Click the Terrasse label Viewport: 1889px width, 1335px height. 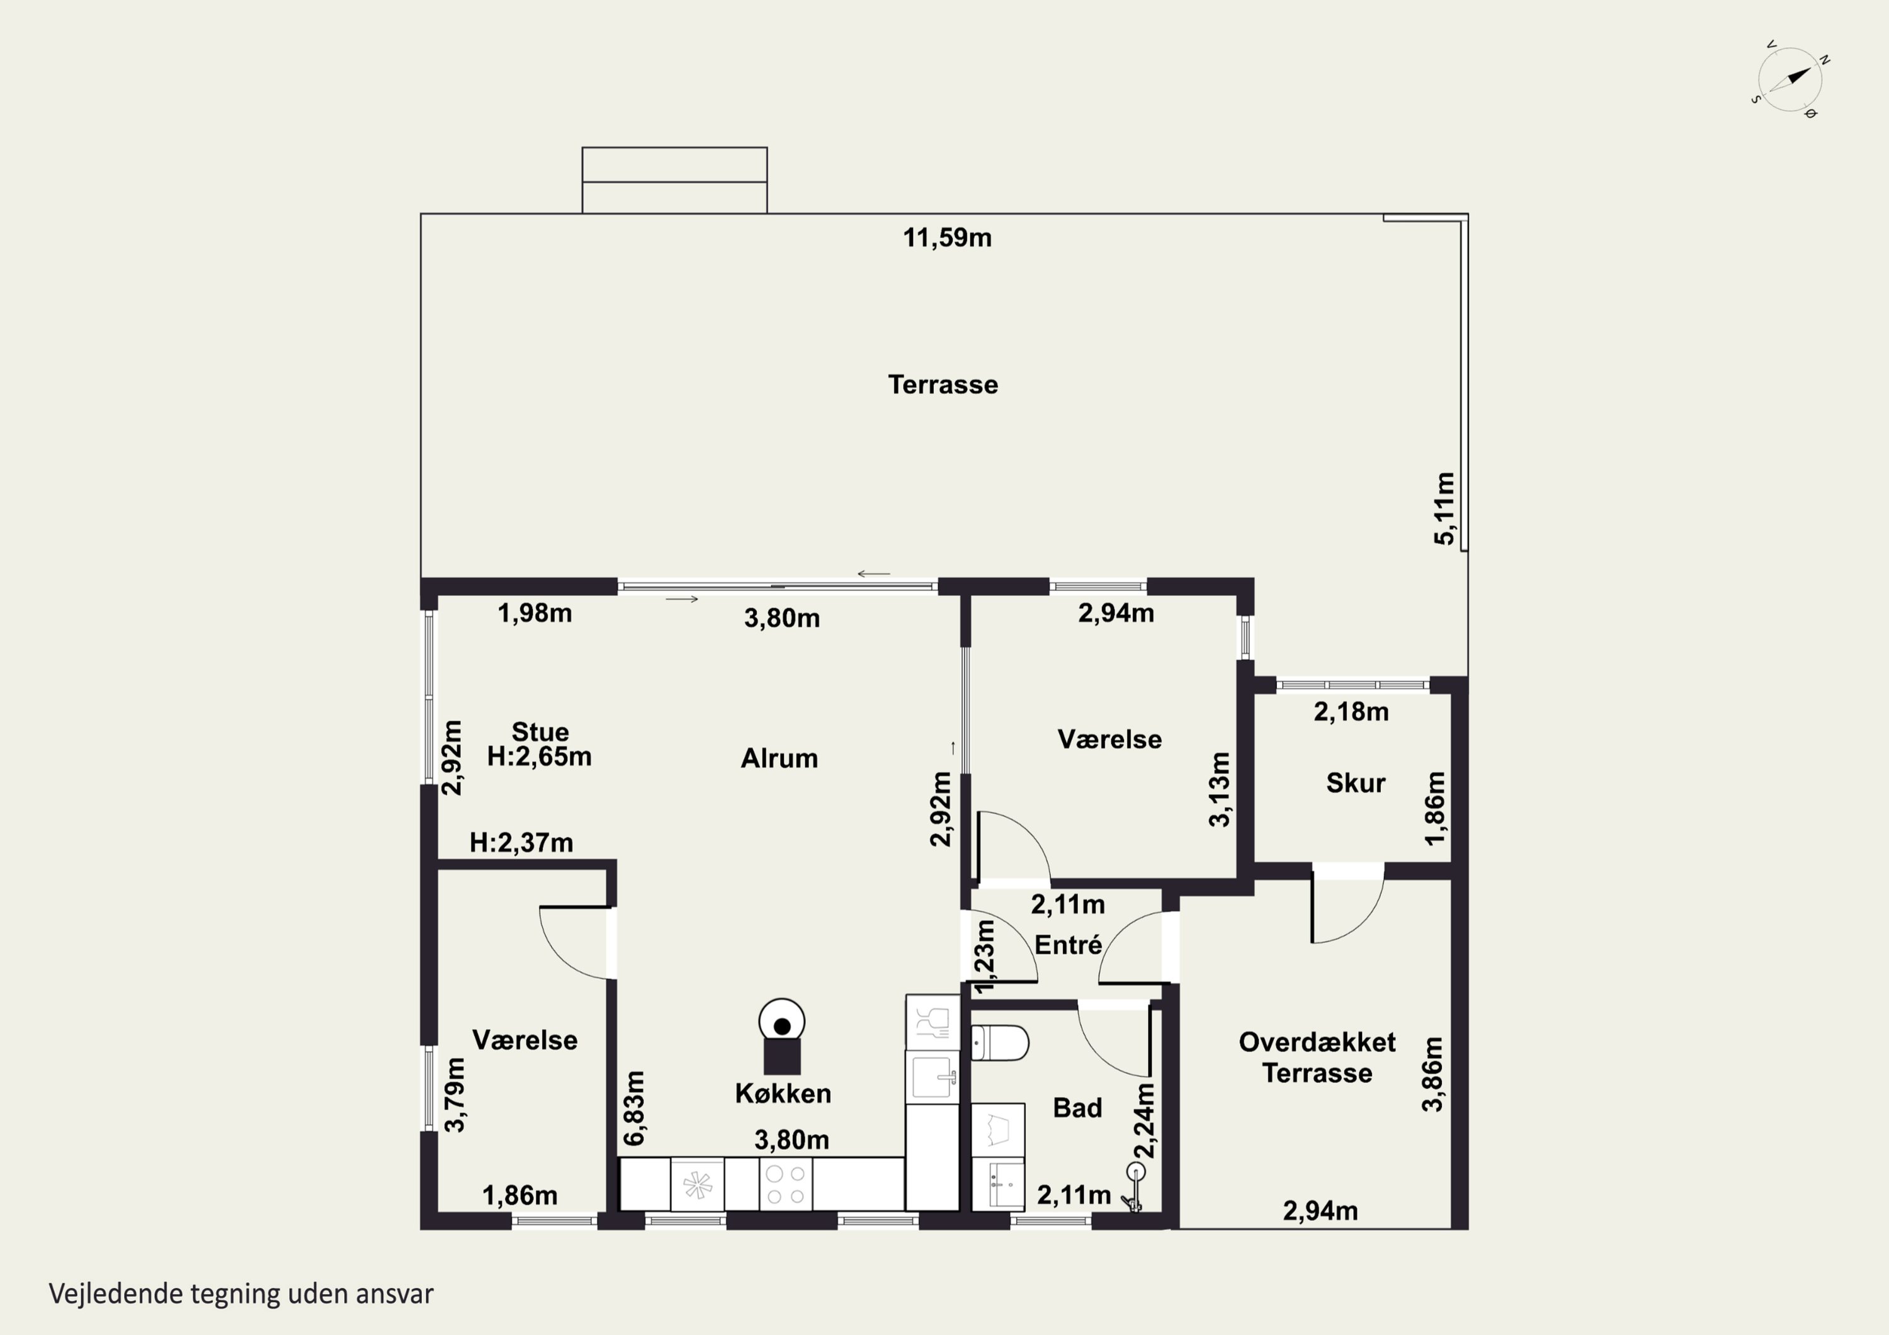pos(943,384)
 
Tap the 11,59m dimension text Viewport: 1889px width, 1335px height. pos(947,238)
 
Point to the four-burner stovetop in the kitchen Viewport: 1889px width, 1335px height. pos(785,1184)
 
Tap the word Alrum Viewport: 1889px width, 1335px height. pos(779,758)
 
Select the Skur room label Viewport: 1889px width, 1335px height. pos(1355,782)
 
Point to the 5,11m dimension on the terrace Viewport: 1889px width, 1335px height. pos(1444,509)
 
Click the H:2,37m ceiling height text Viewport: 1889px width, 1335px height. pos(521,842)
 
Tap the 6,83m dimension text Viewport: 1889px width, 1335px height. pos(634,1108)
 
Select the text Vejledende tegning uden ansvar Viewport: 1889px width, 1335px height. pos(241,1294)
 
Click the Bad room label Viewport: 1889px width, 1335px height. pos(1077,1107)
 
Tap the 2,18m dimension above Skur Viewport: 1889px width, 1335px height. pos(1351,711)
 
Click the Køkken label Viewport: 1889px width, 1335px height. pos(783,1093)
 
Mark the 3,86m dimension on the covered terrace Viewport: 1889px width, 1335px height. pos(1432,1074)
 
